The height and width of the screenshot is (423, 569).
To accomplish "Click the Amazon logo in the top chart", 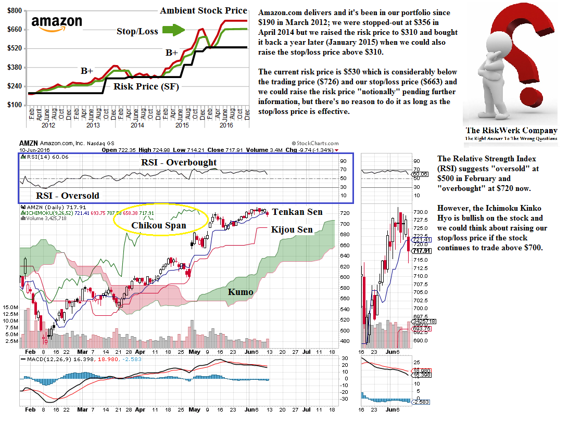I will [57, 23].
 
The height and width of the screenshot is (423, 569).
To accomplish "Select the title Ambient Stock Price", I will [203, 10].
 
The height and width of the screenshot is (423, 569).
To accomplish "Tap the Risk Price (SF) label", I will [146, 86].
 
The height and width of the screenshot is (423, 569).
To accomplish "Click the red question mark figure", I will [510, 57].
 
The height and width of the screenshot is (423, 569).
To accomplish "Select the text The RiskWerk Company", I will [511, 131].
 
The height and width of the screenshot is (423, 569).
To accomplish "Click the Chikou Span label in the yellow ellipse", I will [159, 225].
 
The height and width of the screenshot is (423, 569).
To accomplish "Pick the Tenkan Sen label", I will [297, 212].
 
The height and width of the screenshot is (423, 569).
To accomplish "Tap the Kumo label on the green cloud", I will [241, 292].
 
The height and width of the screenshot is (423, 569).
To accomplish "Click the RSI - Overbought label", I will [179, 162].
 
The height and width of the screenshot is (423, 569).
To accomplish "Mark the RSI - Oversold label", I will [67, 196].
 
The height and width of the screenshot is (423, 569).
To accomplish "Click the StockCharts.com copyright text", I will [315, 144].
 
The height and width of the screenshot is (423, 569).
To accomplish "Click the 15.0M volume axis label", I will [10, 307].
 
